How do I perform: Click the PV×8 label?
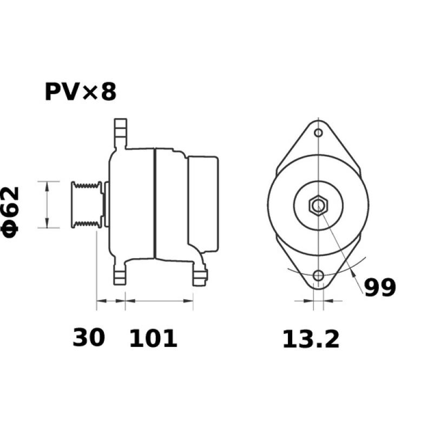point(80,92)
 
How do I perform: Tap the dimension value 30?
point(89,338)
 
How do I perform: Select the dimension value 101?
point(153,338)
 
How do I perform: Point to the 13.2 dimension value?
point(310,339)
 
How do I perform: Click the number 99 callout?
point(380,287)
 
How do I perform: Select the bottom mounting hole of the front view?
point(319,275)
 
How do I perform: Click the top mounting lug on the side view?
point(120,133)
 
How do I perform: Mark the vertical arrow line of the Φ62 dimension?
point(48,205)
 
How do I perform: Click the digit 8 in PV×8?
point(108,92)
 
